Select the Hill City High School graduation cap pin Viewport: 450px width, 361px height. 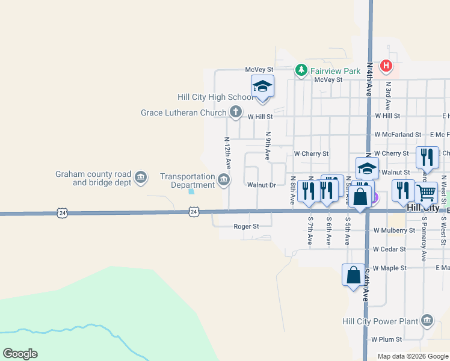point(262,87)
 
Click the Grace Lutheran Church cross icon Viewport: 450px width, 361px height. point(235,112)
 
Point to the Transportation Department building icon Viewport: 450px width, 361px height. point(223,179)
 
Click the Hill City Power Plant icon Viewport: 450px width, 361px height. point(427,320)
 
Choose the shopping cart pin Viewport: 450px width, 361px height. point(427,193)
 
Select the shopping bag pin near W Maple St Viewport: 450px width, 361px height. point(354,275)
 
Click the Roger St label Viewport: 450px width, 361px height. point(246,227)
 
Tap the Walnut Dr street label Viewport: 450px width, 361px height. point(261,185)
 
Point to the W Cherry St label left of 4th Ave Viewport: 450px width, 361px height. point(311,154)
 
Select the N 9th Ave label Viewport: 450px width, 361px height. point(268,146)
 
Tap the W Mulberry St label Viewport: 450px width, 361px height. point(394,230)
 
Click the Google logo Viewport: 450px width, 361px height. point(20,354)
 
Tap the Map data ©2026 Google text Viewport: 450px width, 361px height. point(412,356)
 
